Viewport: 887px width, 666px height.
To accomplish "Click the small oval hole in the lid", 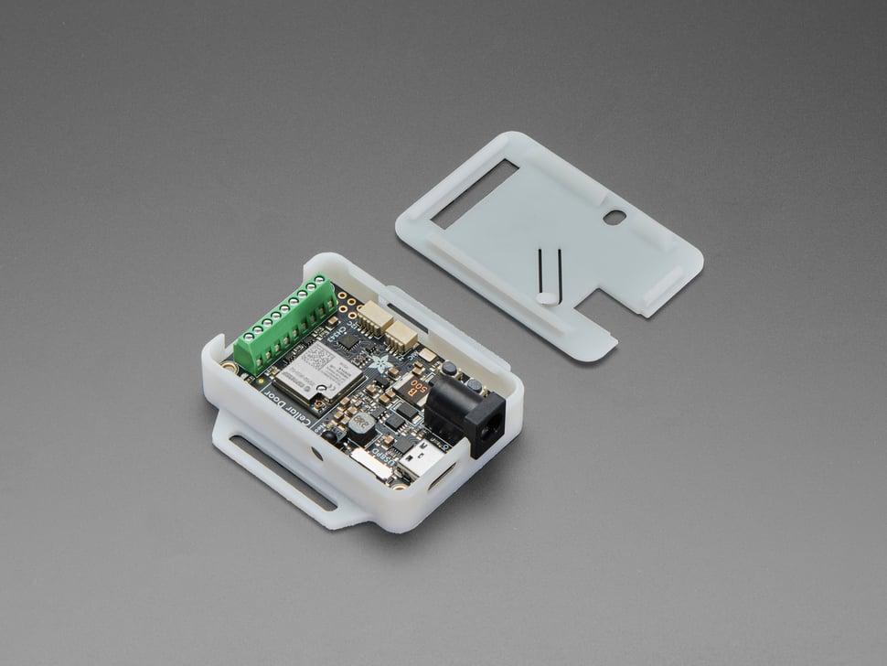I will point(615,218).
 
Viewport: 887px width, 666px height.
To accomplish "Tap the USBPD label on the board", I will point(383,460).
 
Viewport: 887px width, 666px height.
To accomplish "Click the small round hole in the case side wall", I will point(316,453).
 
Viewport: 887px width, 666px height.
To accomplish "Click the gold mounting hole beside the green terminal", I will point(229,367).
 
